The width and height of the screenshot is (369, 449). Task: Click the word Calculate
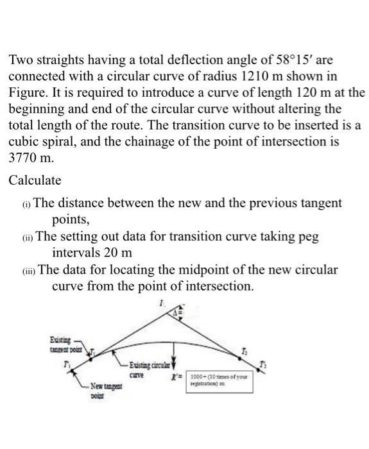pyautogui.click(x=35, y=180)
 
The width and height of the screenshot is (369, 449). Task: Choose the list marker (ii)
pyautogui.click(x=26, y=237)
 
